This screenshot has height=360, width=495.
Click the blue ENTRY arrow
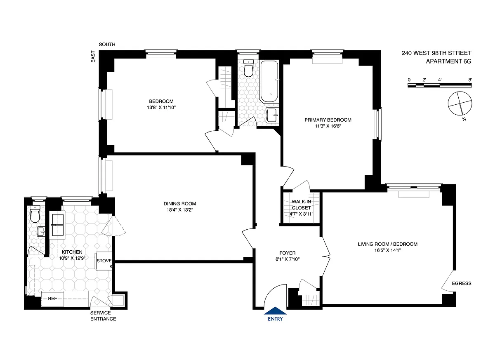[275, 311]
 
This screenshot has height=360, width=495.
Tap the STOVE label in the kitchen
[104, 261]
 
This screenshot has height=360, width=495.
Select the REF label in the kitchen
[53, 299]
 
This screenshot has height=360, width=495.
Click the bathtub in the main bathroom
[269, 82]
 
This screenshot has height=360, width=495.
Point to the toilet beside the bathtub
[248, 68]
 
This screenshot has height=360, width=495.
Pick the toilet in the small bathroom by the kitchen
[35, 214]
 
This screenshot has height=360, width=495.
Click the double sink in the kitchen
[58, 224]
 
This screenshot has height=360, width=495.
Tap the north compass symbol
[460, 104]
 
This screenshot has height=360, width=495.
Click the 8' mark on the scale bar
[470, 80]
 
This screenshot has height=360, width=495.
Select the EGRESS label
[462, 283]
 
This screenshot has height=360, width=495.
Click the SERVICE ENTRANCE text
[103, 315]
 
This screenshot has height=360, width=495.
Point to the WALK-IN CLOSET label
[301, 205]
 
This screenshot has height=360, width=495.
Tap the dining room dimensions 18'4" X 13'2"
[180, 210]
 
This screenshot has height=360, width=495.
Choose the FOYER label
[288, 253]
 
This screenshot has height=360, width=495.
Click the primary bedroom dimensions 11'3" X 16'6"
[328, 126]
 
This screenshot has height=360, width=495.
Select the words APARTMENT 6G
[449, 61]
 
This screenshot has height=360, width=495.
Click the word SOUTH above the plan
[107, 45]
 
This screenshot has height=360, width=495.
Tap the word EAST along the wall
[93, 56]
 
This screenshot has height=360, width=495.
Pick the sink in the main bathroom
[272, 115]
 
